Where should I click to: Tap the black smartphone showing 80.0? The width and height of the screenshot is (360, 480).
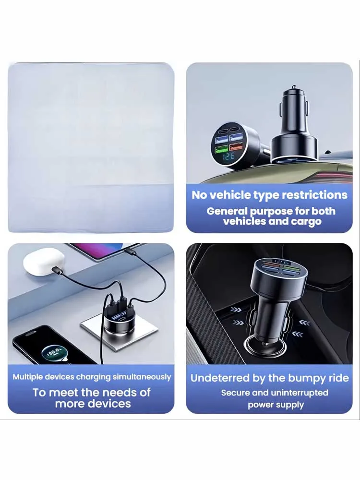(x=56, y=346)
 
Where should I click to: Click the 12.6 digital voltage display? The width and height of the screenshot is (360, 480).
(x=228, y=156)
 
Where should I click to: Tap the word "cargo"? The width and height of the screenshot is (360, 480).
(x=306, y=222)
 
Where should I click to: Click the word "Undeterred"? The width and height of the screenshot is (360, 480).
(x=220, y=378)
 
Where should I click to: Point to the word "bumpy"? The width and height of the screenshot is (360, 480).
(x=308, y=378)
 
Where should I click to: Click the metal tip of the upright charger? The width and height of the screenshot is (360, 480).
(x=294, y=87)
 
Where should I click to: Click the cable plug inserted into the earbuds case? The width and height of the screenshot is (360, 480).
(x=58, y=270)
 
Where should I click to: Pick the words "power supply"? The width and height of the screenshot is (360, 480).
(x=276, y=405)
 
